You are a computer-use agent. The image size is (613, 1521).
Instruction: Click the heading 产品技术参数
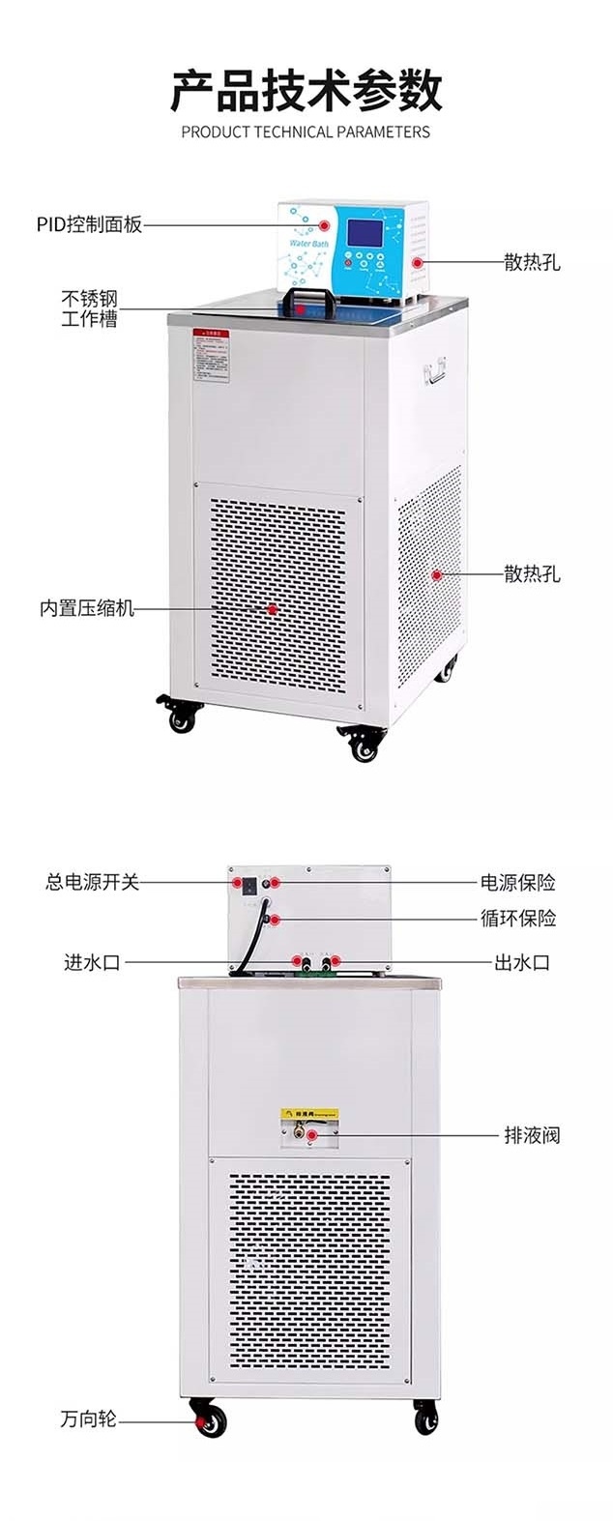pos(306,92)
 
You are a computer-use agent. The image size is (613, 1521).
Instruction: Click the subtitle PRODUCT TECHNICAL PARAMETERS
pos(306,132)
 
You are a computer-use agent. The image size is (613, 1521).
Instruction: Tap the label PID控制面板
pos(90,224)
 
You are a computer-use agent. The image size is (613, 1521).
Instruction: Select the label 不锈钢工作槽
pos(90,308)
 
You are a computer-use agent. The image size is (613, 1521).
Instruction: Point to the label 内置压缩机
pos(87,609)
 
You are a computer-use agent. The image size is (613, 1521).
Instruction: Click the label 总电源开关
pos(93,882)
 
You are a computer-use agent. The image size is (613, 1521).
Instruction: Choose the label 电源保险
pos(518,882)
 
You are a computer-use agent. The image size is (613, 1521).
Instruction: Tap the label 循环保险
pos(518,918)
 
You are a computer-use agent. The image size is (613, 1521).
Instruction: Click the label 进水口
pos(92,962)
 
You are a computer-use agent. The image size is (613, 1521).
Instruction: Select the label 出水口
pos(522,962)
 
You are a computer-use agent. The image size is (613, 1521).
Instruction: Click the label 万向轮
pos(88,1419)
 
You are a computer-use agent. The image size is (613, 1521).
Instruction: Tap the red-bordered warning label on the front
pos(211,354)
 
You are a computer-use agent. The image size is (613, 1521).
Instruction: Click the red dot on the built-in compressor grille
pos(273,609)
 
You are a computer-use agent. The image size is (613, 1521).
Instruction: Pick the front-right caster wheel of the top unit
pos(364,745)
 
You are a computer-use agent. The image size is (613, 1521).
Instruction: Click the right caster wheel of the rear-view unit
pos(425,1418)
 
